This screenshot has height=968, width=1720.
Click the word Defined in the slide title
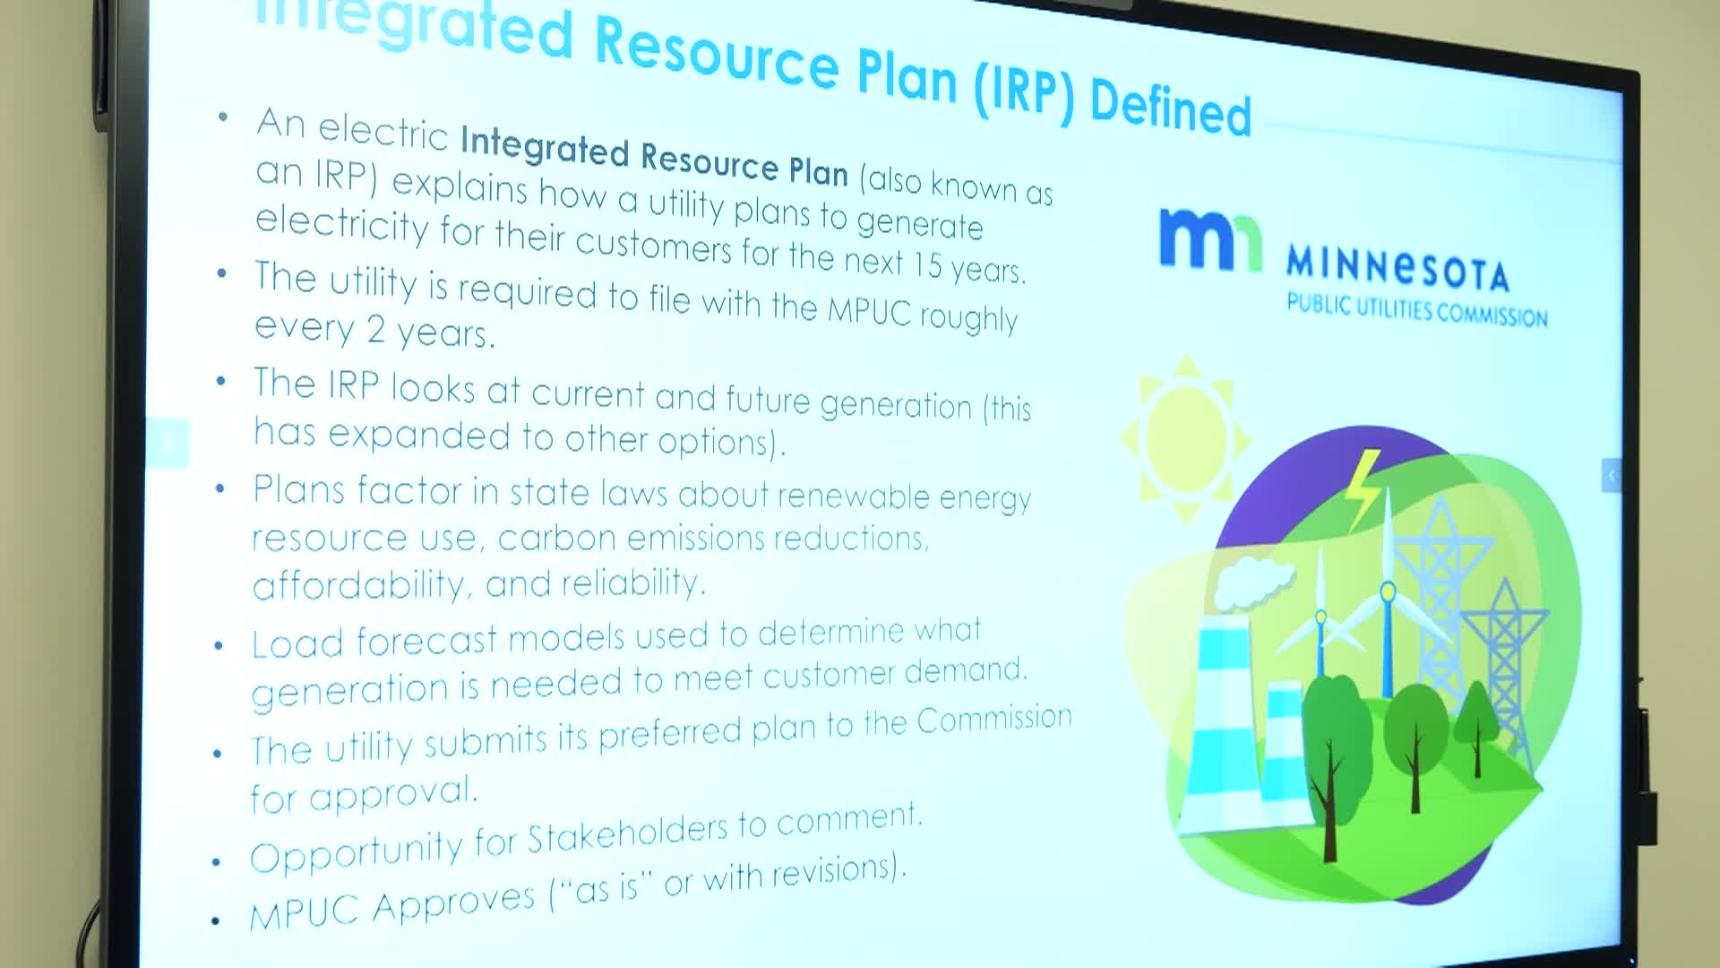point(1170,107)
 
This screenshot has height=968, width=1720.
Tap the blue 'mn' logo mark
point(1210,238)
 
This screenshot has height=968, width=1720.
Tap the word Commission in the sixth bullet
point(993,719)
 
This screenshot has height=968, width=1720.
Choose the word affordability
point(359,585)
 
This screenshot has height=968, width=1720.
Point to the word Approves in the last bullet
point(453,903)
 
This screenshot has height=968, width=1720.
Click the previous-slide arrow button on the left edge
point(168,442)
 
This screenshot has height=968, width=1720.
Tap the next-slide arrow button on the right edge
point(1611,475)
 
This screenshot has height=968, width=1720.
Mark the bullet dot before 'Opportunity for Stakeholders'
point(216,863)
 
